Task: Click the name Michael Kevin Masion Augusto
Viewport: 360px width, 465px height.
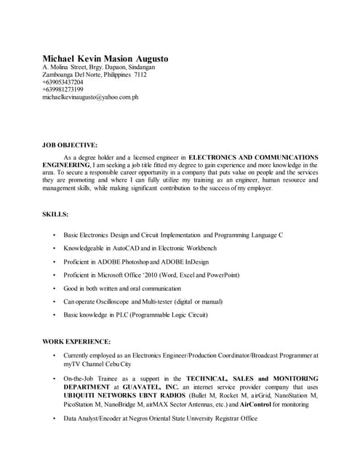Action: click(105, 57)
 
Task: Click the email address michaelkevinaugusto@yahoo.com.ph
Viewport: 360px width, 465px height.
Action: click(91, 97)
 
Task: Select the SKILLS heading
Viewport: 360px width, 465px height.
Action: click(56, 214)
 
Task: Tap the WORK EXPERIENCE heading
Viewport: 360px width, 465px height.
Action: click(76, 341)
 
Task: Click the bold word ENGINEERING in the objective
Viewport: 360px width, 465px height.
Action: click(66, 165)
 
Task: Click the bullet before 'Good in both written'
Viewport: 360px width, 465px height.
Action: click(55, 288)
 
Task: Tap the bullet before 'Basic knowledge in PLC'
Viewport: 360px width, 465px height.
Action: click(55, 314)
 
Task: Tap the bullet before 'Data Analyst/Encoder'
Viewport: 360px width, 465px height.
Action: click(55, 419)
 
